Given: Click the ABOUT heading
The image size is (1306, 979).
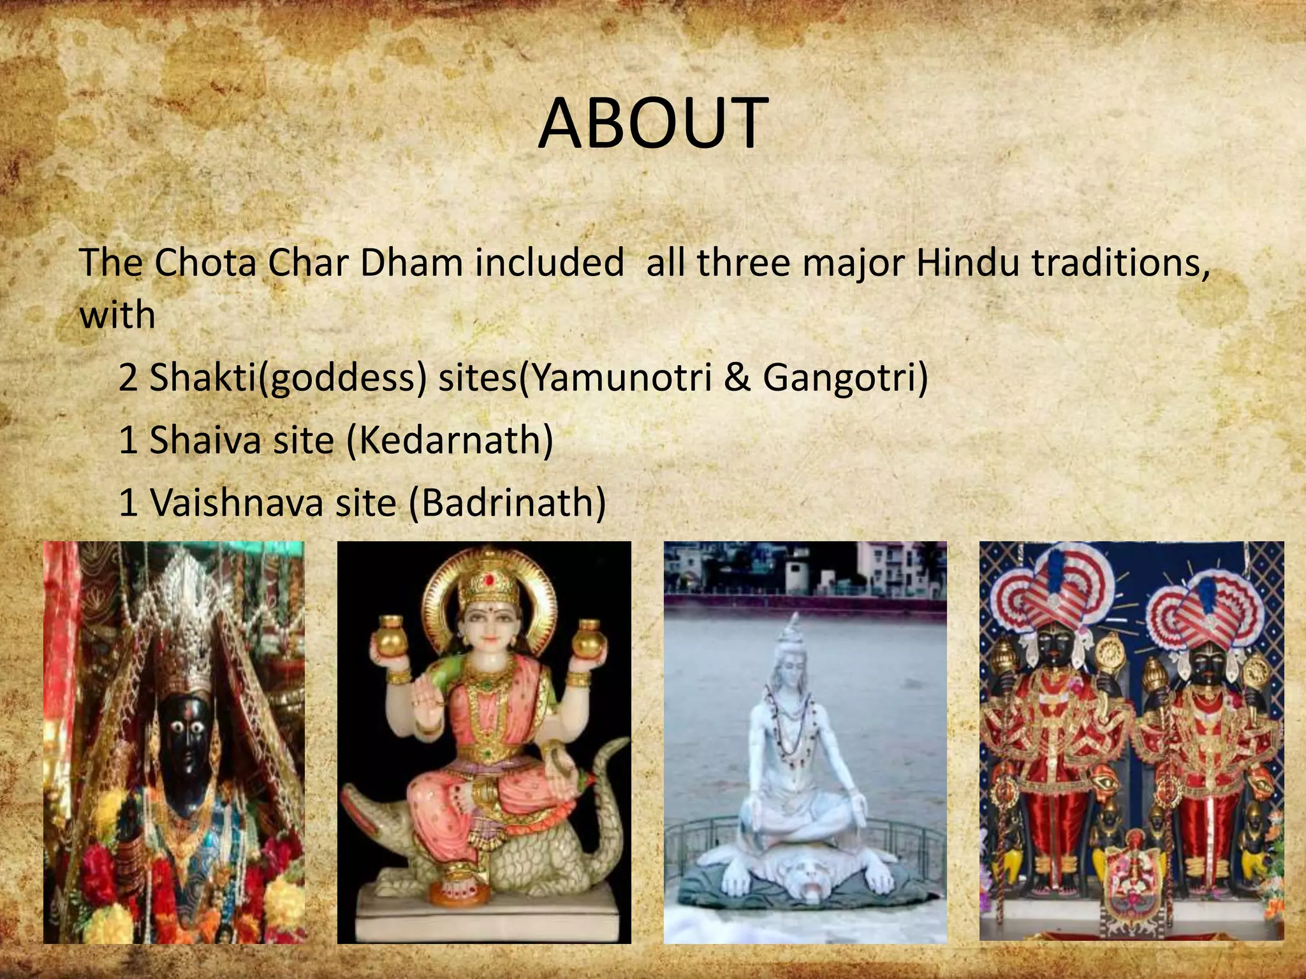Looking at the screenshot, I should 652,123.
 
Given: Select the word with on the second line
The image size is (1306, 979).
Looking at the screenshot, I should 117,315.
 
